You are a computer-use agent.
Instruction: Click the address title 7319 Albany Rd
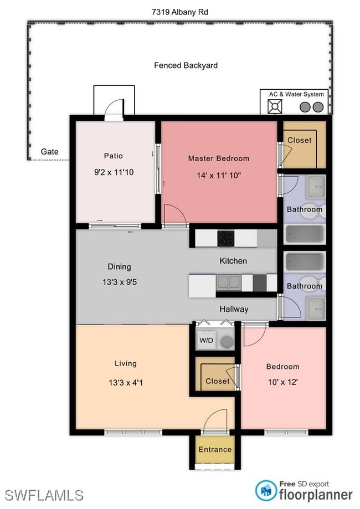(x=179, y=12)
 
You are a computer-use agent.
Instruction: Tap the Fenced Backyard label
(x=186, y=65)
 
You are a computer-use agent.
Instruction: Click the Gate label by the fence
(x=49, y=152)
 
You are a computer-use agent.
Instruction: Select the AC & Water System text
(x=296, y=94)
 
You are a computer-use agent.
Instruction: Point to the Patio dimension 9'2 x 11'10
(x=114, y=172)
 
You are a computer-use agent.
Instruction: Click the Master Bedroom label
(x=218, y=158)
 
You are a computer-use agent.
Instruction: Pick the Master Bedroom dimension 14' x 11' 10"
(x=219, y=176)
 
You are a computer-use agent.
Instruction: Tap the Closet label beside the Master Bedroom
(x=299, y=141)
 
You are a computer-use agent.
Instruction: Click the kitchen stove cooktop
(x=225, y=238)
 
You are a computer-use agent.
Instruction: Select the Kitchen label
(x=233, y=261)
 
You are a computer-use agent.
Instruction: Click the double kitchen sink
(x=228, y=283)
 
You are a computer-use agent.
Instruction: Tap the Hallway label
(x=234, y=309)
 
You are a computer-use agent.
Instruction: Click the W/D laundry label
(x=206, y=340)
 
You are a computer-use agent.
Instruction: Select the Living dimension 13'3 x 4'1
(x=126, y=382)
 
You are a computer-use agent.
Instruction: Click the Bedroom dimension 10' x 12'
(x=282, y=383)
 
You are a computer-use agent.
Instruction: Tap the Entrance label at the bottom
(x=215, y=449)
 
